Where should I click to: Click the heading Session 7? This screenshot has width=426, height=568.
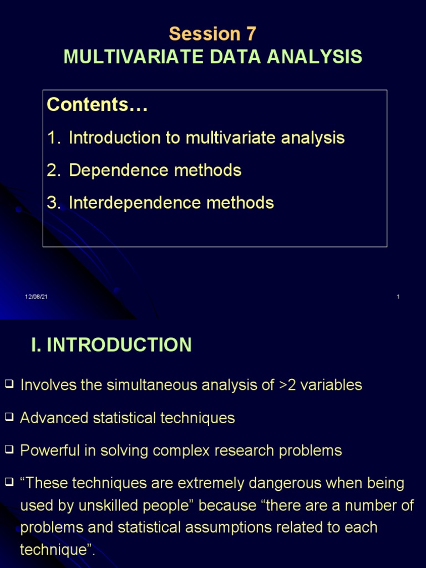pos(212,34)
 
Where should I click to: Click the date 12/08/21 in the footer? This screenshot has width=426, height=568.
pos(36,297)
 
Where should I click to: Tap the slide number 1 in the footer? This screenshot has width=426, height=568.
pos(398,297)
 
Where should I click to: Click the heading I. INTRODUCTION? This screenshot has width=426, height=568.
pos(111,345)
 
